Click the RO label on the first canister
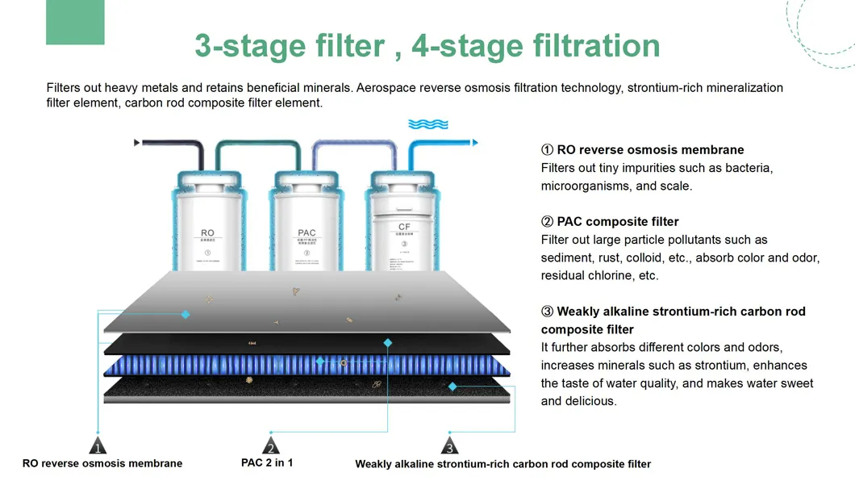207,232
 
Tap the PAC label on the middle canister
307,232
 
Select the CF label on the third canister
404,228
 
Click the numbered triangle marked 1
98,446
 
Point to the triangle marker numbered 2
271,446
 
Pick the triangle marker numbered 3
450,446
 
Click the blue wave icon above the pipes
428,124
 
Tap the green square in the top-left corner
75,23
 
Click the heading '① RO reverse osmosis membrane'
642,149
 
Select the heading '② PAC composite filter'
610,221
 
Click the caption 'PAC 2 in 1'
267,462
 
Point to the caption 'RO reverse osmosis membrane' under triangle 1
102,463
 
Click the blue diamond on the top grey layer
186,314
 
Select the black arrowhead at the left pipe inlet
136,143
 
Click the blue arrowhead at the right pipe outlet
475,143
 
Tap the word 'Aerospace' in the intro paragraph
387,87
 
